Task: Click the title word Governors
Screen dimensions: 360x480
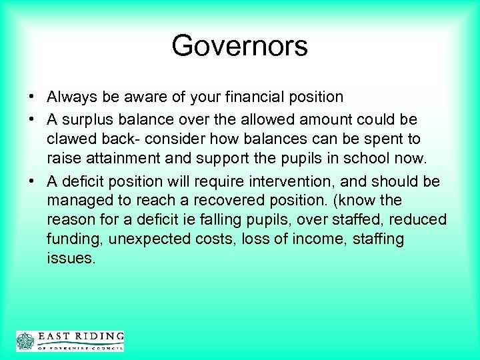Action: pyautogui.click(x=239, y=46)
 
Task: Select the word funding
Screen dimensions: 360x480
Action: pyautogui.click(x=73, y=239)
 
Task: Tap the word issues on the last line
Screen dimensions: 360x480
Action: pyautogui.click(x=71, y=259)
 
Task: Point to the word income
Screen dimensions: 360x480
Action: pyautogui.click(x=311, y=239)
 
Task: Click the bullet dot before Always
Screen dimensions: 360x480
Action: pyautogui.click(x=32, y=97)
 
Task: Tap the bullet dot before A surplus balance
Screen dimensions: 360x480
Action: pyautogui.click(x=32, y=119)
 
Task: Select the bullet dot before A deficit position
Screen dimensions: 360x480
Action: pyautogui.click(x=32, y=181)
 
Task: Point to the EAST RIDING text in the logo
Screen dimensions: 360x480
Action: pyautogui.click(x=80, y=337)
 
